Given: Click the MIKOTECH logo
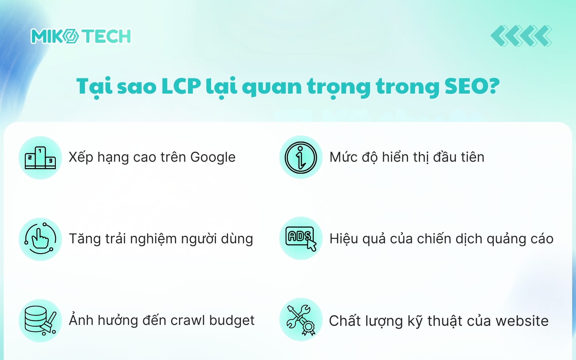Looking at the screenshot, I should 81,36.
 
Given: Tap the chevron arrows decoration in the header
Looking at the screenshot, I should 521,36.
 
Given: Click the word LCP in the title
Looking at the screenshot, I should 181,86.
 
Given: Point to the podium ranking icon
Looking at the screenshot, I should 40,158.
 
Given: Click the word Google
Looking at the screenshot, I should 213,157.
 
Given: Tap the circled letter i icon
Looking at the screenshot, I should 301,157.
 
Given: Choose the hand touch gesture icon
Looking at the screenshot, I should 40,239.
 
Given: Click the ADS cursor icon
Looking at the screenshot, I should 301,239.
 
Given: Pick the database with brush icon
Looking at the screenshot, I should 40,320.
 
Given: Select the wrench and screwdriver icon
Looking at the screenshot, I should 301,320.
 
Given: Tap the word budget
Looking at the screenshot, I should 232,320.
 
